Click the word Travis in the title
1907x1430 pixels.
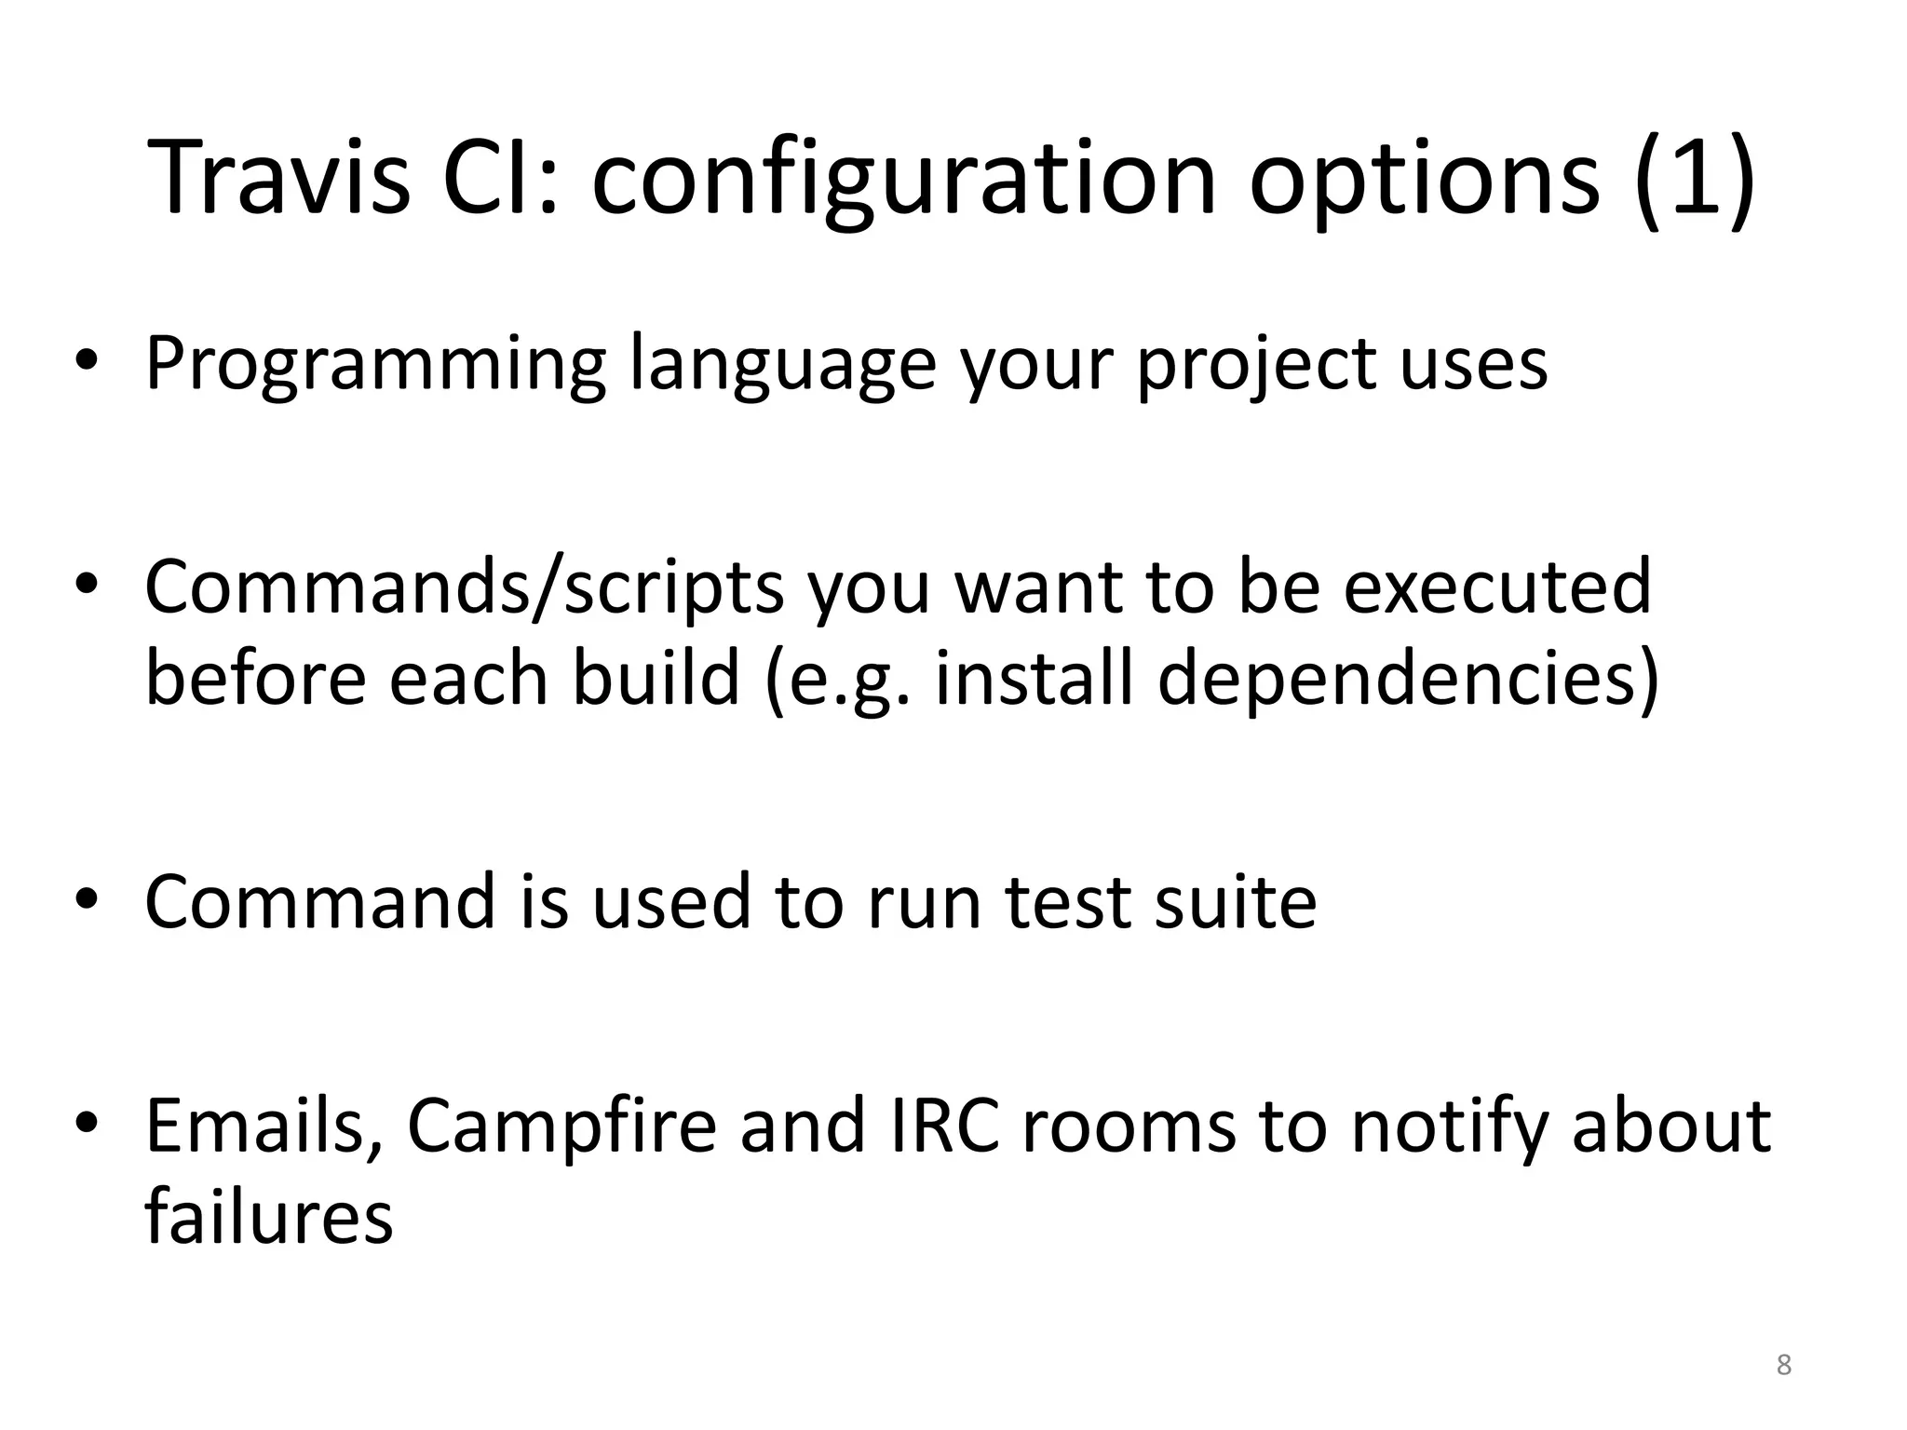click(x=277, y=177)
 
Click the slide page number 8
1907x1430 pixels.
click(x=1783, y=1365)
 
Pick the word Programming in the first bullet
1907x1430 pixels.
click(x=375, y=365)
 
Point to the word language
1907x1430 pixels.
click(x=782, y=365)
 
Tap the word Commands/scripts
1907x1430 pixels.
click(x=464, y=588)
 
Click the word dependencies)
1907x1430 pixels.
click(x=1408, y=678)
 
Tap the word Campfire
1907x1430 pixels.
click(x=561, y=1126)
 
